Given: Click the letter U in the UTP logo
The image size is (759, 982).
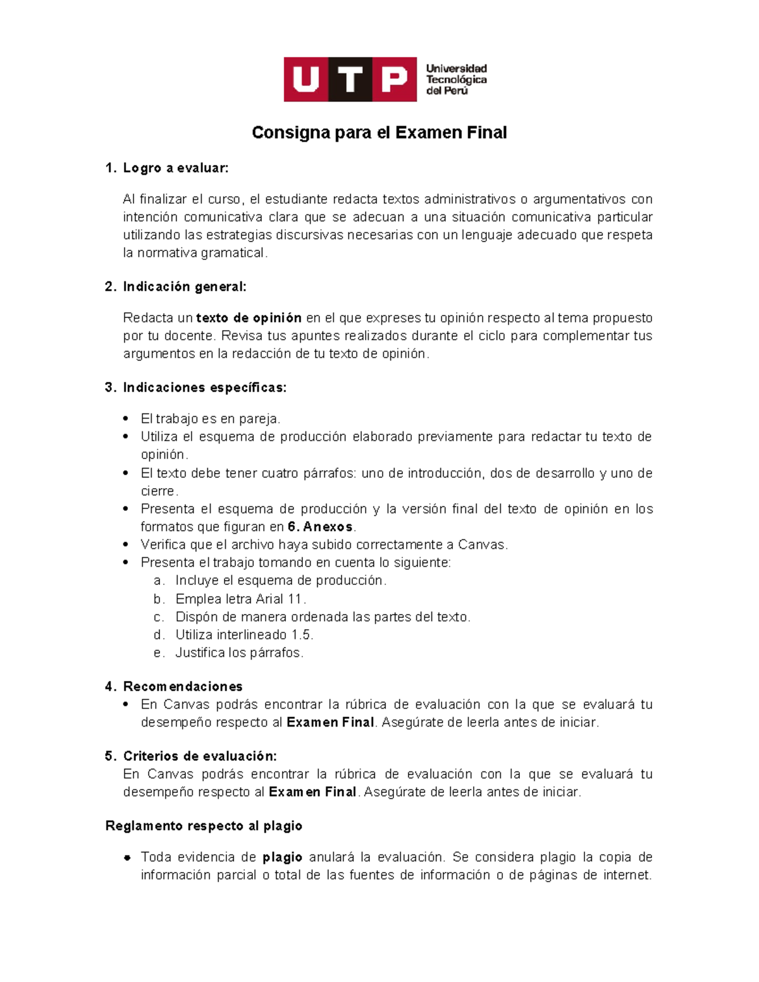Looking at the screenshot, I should coord(305,80).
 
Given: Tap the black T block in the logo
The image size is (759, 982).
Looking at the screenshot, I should coord(350,80).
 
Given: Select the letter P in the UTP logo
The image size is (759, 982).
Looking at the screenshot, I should coord(394,80).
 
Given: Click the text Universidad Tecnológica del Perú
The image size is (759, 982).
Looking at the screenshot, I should coord(455,80).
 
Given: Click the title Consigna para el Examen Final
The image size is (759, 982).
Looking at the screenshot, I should coord(379,133).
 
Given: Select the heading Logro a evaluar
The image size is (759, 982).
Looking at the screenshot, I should coord(175,168).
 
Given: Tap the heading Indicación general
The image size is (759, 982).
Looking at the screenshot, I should coord(184,287).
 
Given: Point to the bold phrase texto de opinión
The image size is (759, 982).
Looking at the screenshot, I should coord(249,318).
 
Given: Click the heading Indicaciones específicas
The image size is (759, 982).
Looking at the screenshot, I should coord(204,388).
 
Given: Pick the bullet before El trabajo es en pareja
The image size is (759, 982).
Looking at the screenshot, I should coord(126,419).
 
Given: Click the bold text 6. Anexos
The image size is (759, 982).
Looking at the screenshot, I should coord(319,527).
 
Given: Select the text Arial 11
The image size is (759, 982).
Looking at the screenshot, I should coord(280,599).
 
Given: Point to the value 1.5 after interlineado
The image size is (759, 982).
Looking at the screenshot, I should coord(302,635).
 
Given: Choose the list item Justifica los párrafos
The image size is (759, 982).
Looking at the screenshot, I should coord(239,653).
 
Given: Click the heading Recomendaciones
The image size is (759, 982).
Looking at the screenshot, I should coord(183,687).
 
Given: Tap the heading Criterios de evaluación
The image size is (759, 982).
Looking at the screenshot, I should coord(200,756).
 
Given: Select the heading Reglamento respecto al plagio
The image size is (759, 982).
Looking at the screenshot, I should coord(204,826).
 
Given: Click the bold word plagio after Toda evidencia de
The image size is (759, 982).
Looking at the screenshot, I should coord(282,857).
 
